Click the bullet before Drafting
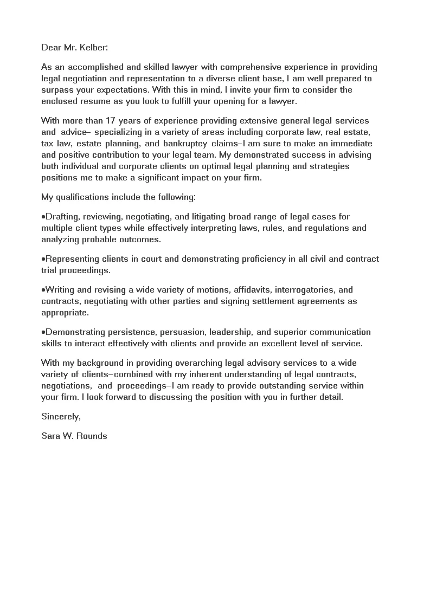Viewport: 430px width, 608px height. pyautogui.click(x=43, y=217)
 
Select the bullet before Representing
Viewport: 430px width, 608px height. pyautogui.click(x=43, y=259)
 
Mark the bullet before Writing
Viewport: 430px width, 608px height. pyautogui.click(x=43, y=290)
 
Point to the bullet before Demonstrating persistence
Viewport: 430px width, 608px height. pyautogui.click(x=43, y=332)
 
